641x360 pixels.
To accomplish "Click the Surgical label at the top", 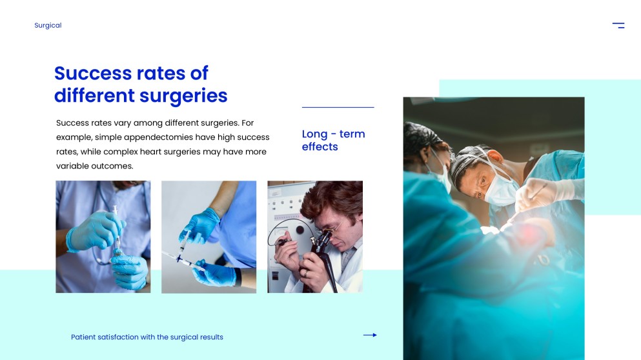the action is [x=48, y=25].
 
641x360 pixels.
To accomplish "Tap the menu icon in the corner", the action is [x=618, y=25].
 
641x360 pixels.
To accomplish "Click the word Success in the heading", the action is [x=93, y=74].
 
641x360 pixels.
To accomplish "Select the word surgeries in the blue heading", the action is [x=183, y=96].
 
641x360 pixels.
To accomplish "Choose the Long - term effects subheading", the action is [x=333, y=140].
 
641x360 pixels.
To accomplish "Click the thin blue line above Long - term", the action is [x=338, y=107].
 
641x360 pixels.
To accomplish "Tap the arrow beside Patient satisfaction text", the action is [x=370, y=335].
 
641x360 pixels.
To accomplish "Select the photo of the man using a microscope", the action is [x=315, y=237].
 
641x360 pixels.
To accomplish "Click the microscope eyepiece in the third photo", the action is [x=325, y=237].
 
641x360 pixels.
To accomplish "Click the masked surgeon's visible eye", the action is [x=482, y=181].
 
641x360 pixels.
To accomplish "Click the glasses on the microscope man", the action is [x=334, y=226].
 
